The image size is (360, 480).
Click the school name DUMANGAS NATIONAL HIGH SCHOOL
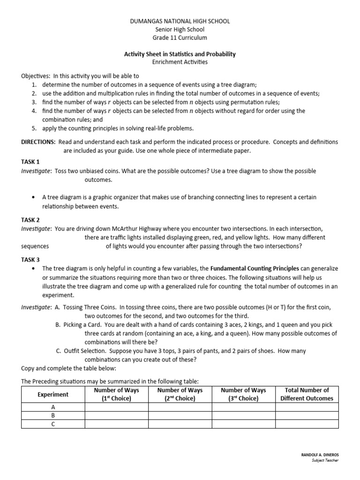[x=180, y=22]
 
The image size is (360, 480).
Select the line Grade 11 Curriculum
[x=180, y=37]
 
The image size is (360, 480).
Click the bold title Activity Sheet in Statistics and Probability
[x=180, y=54]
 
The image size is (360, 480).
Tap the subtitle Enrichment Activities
[x=180, y=62]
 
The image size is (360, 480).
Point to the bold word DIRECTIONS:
[x=38, y=142]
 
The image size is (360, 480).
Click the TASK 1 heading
[x=30, y=161]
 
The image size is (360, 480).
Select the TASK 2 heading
[x=30, y=220]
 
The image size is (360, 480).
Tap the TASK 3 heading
[x=30, y=259]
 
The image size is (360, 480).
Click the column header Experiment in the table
[x=53, y=394]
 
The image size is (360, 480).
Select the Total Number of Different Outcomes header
[x=307, y=394]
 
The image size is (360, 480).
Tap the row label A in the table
[x=53, y=407]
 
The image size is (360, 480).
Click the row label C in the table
[x=53, y=424]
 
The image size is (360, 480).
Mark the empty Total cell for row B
[x=307, y=416]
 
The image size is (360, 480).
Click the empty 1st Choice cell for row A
[x=116, y=407]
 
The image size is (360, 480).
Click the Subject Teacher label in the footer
[x=324, y=460]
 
